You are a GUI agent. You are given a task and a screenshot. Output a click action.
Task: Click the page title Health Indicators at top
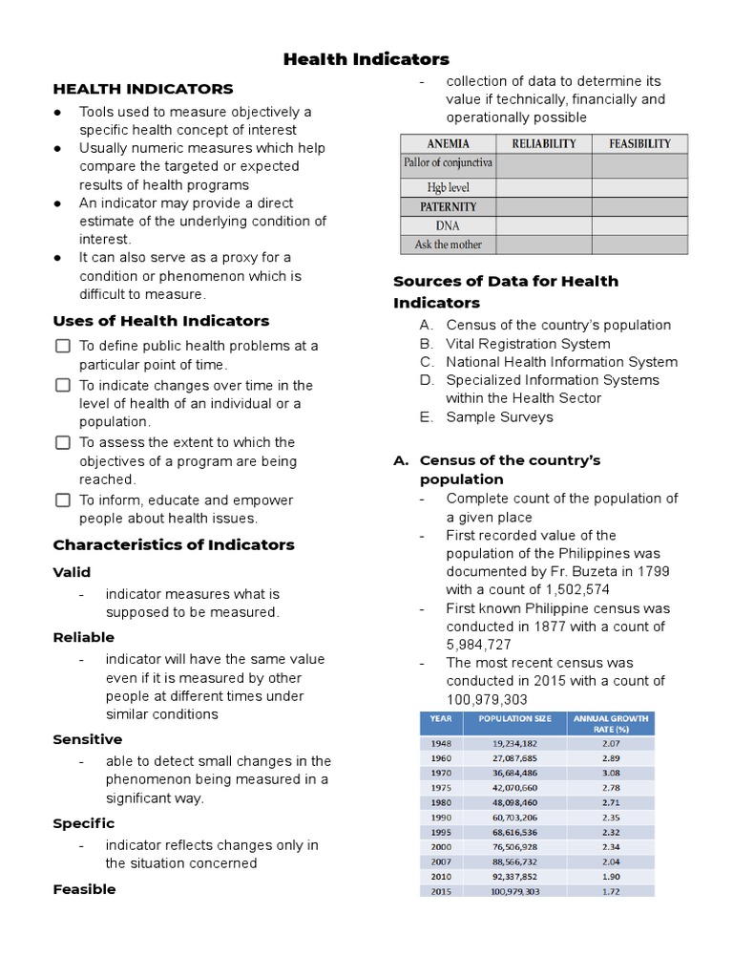(x=366, y=59)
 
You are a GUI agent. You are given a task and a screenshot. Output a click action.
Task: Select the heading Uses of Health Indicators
(x=160, y=321)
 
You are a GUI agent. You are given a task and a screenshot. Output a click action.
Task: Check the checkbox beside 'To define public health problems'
(x=63, y=346)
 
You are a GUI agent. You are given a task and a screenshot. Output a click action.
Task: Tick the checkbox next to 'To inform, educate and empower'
(x=63, y=500)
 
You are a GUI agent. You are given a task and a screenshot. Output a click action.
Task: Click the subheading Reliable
(x=83, y=637)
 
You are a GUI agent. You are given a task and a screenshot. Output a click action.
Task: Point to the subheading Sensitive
(x=87, y=739)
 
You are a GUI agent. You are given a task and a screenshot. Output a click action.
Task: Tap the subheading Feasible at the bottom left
(x=84, y=889)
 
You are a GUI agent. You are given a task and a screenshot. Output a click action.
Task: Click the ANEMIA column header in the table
(x=448, y=144)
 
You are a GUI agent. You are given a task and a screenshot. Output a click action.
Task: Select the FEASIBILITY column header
(x=639, y=144)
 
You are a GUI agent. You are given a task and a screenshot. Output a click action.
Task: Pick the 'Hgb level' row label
(x=448, y=187)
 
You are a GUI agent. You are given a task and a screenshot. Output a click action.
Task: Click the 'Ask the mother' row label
(x=448, y=244)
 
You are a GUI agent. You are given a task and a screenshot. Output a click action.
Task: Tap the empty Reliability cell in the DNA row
(x=543, y=225)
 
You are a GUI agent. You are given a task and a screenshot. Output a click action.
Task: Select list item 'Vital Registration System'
(x=528, y=344)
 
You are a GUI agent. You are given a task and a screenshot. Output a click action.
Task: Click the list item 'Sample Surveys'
(x=499, y=416)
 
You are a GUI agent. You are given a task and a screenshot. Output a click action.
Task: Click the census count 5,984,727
(x=478, y=645)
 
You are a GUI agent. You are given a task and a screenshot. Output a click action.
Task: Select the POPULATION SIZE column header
(x=514, y=718)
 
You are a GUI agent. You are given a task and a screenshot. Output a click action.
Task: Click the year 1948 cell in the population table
(x=441, y=742)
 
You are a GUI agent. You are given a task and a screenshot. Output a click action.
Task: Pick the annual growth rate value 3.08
(x=611, y=772)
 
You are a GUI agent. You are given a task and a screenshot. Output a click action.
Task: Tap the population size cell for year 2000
(x=514, y=846)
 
